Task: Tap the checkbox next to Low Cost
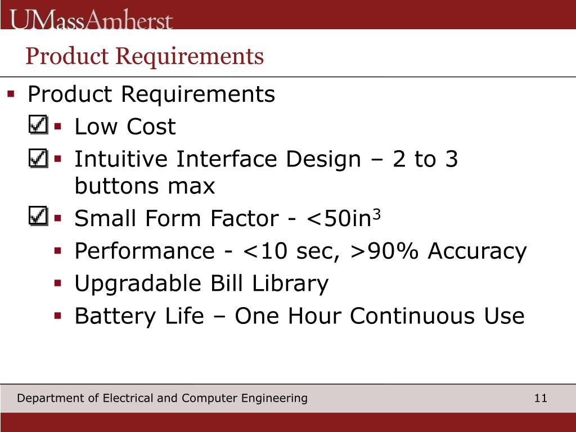click(x=38, y=125)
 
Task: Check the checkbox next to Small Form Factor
click(x=38, y=216)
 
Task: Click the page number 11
click(x=541, y=398)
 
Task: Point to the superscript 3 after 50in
click(x=377, y=213)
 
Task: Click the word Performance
click(x=144, y=251)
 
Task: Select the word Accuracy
click(x=477, y=251)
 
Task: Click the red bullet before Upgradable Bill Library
click(x=57, y=283)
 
